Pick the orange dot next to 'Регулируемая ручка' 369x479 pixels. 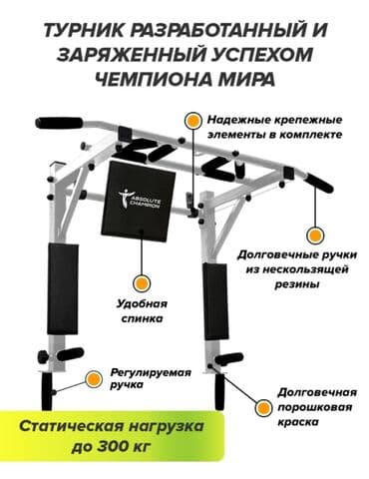93,378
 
